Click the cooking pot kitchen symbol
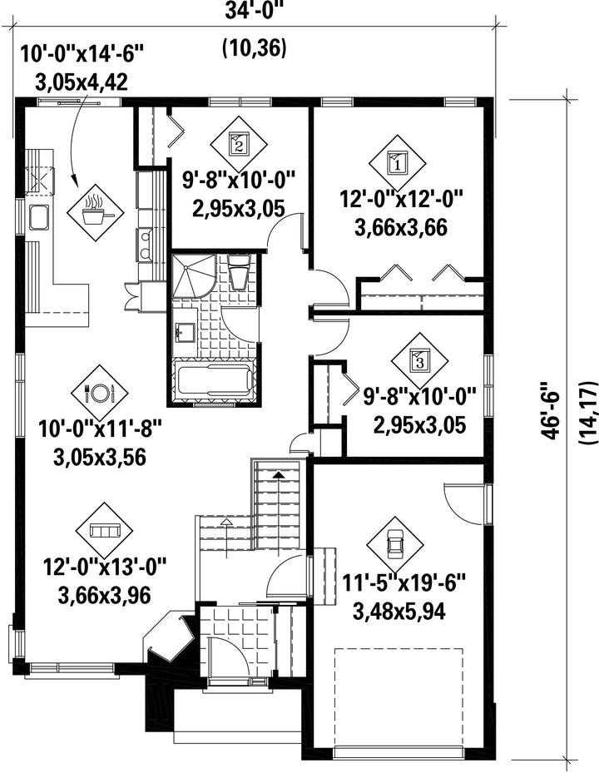pos(95,213)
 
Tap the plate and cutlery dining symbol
pos(100,393)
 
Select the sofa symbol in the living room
pos(104,531)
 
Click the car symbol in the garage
pos(395,545)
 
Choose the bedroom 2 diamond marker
pos(239,145)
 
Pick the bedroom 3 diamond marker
pos(419,361)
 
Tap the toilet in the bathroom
pos(240,271)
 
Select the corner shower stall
pos(193,275)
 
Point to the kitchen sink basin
pos(38,218)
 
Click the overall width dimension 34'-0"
pos(255,10)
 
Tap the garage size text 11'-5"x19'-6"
pos(404,585)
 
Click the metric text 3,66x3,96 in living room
pos(104,595)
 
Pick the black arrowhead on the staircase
pos(279,475)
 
